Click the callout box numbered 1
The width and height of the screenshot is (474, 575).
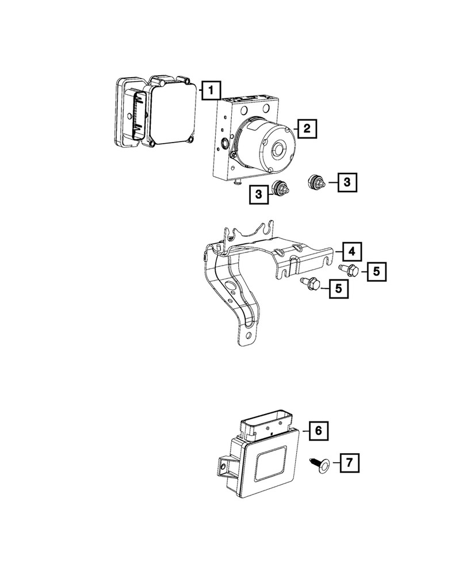pyautogui.click(x=211, y=90)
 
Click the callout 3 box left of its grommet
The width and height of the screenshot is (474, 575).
pyautogui.click(x=259, y=195)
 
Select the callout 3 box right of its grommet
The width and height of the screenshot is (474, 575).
pyautogui.click(x=346, y=183)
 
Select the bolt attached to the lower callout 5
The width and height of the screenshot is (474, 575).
pyautogui.click(x=311, y=283)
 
